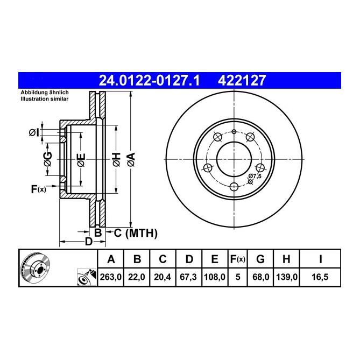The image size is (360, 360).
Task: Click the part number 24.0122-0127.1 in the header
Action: pos(149,81)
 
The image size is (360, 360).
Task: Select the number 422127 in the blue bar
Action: pos(241,81)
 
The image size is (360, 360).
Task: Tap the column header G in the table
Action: pos(260,259)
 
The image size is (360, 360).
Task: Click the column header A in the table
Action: pos(111,259)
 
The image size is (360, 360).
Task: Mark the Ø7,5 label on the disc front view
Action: pos(255,176)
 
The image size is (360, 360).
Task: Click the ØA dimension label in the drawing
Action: pos(130,159)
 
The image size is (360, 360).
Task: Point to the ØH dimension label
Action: pos(116,159)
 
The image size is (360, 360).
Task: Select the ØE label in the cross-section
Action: pos(81,160)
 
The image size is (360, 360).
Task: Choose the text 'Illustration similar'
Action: pos(44,99)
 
